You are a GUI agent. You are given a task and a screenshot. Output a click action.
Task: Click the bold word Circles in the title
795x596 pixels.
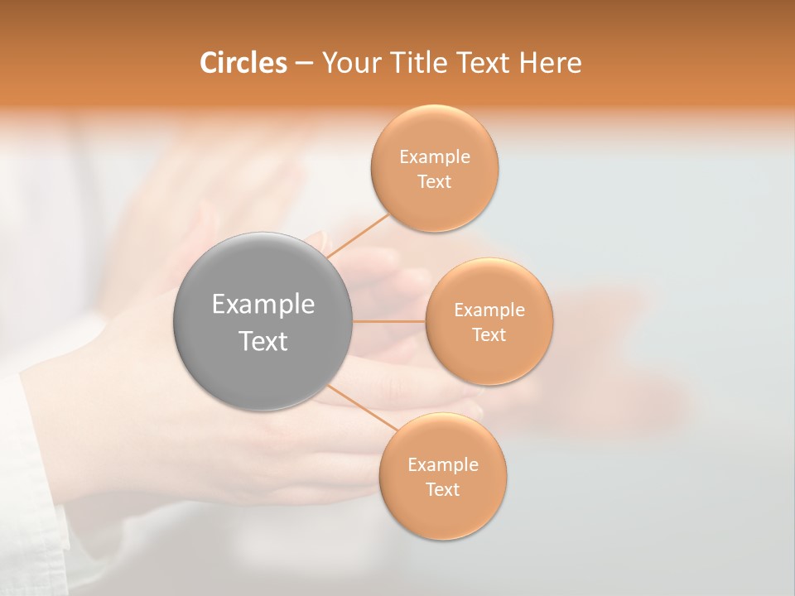(243, 63)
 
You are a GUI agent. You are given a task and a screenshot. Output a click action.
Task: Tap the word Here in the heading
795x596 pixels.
(551, 63)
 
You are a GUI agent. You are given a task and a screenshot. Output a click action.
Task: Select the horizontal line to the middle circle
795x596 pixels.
(388, 321)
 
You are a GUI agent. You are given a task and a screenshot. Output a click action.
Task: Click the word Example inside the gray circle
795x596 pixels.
(263, 305)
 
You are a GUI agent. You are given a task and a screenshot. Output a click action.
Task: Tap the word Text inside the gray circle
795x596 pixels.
(263, 341)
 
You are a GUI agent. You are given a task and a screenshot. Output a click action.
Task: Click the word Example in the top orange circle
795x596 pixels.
(435, 157)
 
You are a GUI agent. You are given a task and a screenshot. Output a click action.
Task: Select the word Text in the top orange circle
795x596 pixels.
(435, 182)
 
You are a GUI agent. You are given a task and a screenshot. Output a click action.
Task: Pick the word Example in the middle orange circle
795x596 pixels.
(489, 310)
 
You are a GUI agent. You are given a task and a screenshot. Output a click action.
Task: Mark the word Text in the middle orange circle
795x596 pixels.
(489, 335)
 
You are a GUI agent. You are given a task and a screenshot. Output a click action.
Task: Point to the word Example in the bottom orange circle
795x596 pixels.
(443, 465)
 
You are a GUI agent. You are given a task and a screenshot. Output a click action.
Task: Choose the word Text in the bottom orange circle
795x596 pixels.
(443, 490)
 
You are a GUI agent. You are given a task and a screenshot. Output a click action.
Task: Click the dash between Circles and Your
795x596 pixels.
(304, 64)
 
